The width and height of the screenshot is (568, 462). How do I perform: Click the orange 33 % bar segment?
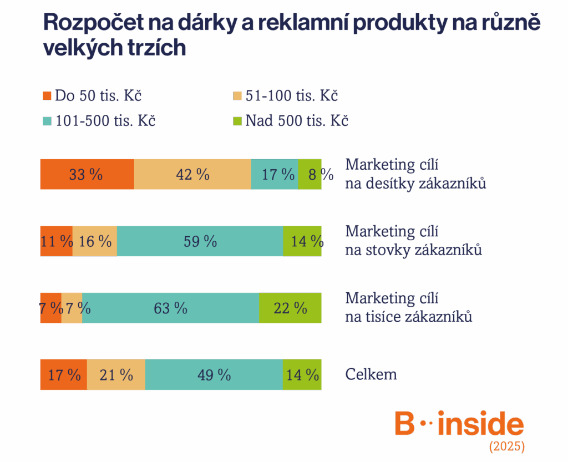[x=87, y=174]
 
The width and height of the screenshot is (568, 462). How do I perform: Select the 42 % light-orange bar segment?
[x=192, y=174]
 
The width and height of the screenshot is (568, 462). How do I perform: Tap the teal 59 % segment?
[x=200, y=241]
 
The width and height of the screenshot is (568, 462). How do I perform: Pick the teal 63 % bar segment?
[x=170, y=308]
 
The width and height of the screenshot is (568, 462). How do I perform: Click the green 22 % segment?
[x=290, y=308]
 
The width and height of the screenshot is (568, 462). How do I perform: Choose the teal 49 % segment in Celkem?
[x=214, y=375]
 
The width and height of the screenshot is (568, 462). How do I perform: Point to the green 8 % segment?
[x=310, y=174]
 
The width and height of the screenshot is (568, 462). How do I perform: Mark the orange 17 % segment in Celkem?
[x=63, y=375]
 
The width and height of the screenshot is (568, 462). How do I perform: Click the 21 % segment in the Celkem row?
[x=116, y=375]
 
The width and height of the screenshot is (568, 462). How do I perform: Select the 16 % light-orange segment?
[x=95, y=241]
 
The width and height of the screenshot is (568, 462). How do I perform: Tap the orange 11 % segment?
[x=56, y=241]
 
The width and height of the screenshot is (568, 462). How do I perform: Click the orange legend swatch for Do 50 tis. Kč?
[x=47, y=96]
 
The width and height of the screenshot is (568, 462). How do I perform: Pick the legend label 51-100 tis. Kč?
[x=292, y=96]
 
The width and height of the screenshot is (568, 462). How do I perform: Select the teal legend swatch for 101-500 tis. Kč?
[x=47, y=121]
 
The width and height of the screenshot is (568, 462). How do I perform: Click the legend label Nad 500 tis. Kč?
[x=297, y=121]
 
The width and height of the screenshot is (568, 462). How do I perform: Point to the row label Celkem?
[x=371, y=374]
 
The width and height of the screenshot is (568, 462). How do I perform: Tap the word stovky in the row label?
[x=387, y=251]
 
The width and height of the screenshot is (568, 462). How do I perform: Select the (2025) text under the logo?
[x=506, y=446]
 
